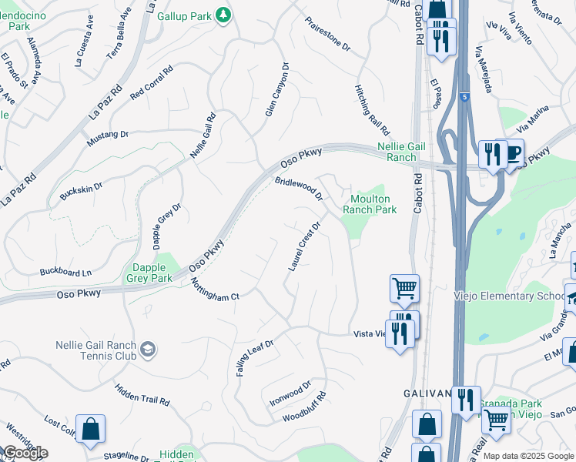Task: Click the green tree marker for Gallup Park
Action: tap(223, 15)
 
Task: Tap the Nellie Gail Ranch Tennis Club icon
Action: tap(147, 351)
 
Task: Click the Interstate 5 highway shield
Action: tap(464, 97)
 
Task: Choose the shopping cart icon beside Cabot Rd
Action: tap(404, 289)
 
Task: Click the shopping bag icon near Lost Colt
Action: tap(90, 430)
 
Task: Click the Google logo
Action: tap(25, 453)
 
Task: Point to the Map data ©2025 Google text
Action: tap(527, 456)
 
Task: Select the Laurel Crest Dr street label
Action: tap(304, 246)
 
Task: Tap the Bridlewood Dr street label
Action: tap(298, 189)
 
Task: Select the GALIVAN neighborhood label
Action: tap(427, 393)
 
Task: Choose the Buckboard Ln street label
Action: tap(65, 272)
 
